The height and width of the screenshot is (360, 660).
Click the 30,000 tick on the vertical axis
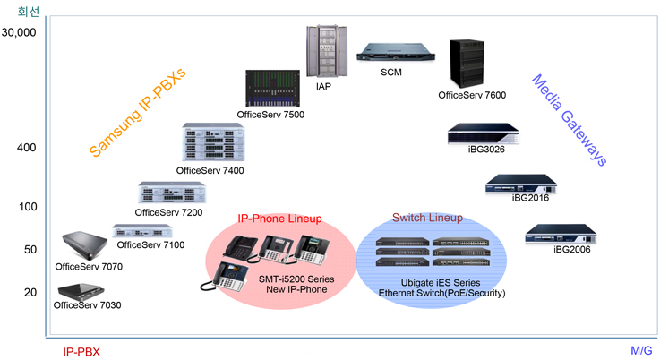[x=19, y=32]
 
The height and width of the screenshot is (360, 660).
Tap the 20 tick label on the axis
[x=30, y=292]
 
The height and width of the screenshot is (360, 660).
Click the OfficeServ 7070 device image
[x=86, y=245]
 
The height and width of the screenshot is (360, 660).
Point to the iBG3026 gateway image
[x=483, y=133]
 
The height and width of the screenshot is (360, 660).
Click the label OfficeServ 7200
[x=168, y=212]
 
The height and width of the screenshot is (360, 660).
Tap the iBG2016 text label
[x=528, y=198]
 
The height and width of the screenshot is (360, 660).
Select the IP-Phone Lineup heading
[x=279, y=219]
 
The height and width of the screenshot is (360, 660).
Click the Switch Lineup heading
[x=428, y=218]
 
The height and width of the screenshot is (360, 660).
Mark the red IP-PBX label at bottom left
[x=81, y=352]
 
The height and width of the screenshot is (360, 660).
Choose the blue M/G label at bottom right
[x=642, y=352]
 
